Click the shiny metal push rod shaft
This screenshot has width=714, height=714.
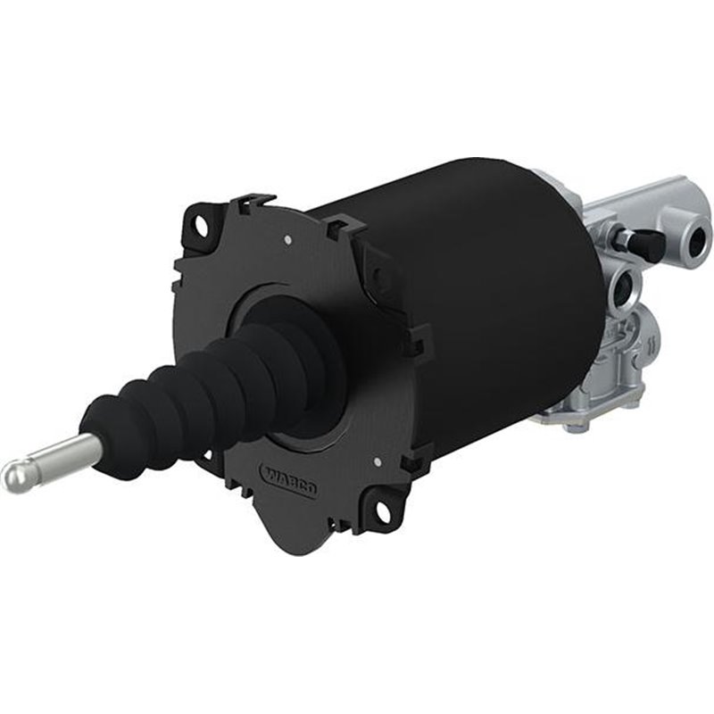click(x=62, y=454)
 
